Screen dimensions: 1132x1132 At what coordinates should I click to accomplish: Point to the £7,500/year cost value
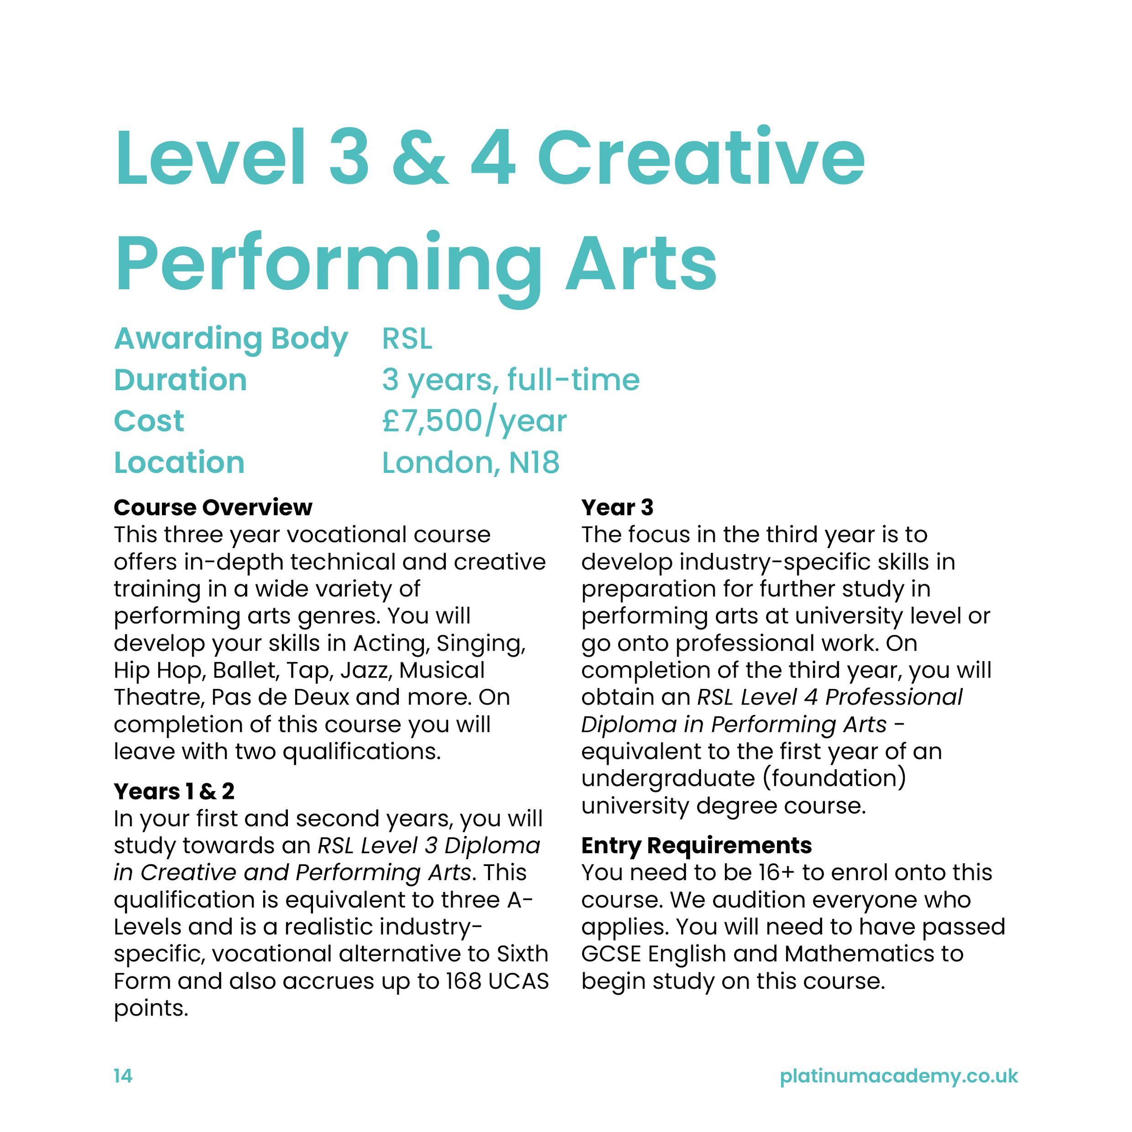coord(474,421)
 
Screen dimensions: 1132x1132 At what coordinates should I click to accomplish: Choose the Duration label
coord(181,380)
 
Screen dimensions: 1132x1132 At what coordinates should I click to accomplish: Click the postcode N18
coord(534,463)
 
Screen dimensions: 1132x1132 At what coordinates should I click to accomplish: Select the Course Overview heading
coord(213,507)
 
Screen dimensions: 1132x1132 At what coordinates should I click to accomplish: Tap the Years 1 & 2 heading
coord(174,792)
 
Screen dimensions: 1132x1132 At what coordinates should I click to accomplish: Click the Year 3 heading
coord(617,507)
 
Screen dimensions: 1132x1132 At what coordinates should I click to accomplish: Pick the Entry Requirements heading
coord(696,845)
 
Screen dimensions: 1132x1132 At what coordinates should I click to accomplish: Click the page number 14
coord(123,1076)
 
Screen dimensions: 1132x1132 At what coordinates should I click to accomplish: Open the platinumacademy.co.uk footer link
coord(899,1076)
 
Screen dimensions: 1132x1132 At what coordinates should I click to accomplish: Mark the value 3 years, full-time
coord(511,380)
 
